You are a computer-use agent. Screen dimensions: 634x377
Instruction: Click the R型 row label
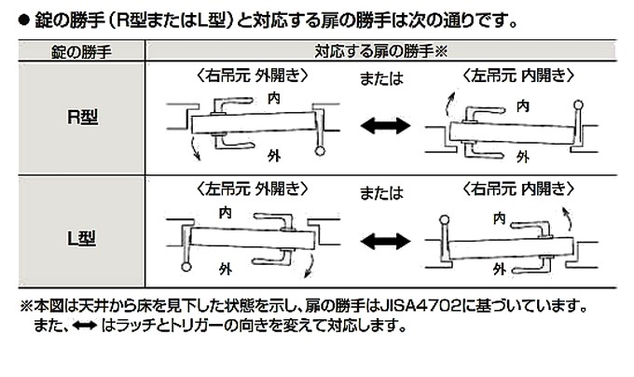click(x=82, y=117)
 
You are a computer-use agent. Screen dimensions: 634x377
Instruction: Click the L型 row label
click(x=82, y=238)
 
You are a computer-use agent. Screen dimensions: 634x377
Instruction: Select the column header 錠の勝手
click(x=81, y=51)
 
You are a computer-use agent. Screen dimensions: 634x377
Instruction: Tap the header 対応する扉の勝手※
click(x=381, y=51)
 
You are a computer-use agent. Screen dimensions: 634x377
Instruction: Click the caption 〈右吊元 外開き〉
click(x=253, y=76)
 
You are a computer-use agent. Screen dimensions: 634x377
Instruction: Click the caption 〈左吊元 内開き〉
click(x=518, y=76)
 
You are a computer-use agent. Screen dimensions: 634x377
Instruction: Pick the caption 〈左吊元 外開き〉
click(x=253, y=188)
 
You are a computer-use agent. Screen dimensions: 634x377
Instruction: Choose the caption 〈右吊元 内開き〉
click(x=518, y=188)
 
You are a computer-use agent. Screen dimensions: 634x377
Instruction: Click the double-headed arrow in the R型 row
click(x=385, y=125)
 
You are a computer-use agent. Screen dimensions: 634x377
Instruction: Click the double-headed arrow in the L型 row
click(x=385, y=242)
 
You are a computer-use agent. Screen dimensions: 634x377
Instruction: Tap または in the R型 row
click(x=381, y=78)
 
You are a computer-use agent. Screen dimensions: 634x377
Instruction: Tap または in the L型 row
click(x=381, y=192)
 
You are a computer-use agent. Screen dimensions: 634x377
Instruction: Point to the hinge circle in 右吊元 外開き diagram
click(x=320, y=151)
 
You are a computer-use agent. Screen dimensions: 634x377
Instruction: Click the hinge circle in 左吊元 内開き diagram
click(x=578, y=105)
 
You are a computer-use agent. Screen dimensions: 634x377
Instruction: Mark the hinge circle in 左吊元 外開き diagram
click(x=186, y=267)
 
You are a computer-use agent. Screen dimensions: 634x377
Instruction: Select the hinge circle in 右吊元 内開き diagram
click(x=445, y=220)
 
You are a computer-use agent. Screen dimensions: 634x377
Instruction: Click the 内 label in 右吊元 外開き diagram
click(x=274, y=98)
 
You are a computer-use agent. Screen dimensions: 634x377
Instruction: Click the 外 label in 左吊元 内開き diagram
click(x=523, y=157)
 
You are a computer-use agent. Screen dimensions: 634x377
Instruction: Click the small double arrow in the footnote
click(x=85, y=326)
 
